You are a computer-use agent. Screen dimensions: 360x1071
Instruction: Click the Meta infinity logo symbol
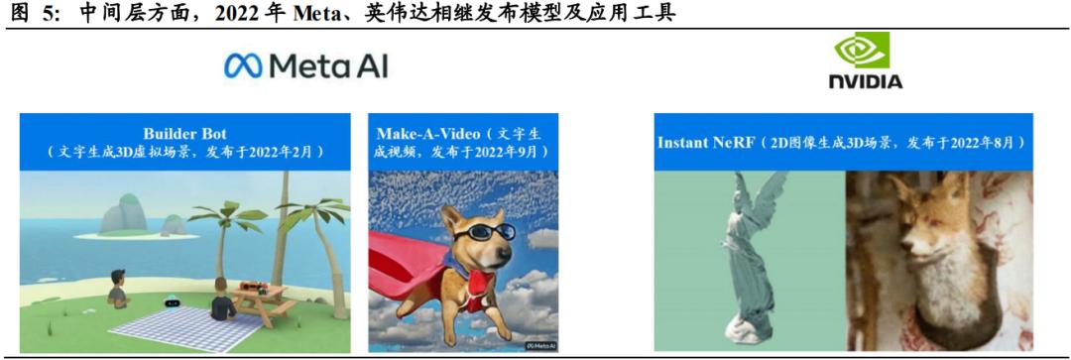click(244, 66)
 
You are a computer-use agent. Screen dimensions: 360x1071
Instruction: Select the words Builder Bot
click(184, 133)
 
